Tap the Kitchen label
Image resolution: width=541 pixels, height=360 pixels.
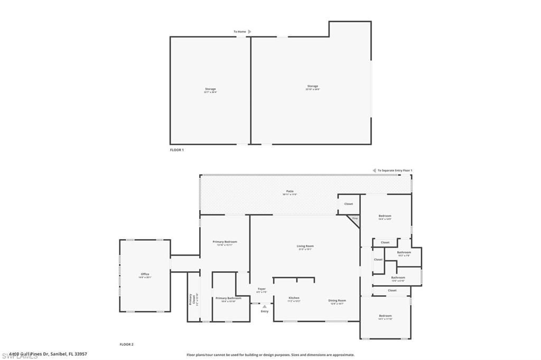click(294, 298)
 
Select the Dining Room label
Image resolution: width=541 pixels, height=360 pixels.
click(337, 300)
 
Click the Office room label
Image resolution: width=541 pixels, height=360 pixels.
click(145, 274)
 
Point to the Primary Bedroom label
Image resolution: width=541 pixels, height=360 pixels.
click(225, 242)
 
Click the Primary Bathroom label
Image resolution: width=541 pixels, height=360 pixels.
click(228, 298)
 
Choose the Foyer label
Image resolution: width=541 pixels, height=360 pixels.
click(262, 289)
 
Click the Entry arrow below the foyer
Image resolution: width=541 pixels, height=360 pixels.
click(264, 306)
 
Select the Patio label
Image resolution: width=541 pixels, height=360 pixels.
click(290, 191)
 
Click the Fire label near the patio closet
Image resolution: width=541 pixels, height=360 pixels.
click(355, 218)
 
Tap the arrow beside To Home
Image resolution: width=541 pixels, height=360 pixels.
click(249, 32)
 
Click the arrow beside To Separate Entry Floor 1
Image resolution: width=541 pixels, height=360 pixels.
click(374, 170)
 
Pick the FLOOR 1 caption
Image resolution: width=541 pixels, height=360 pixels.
click(176, 150)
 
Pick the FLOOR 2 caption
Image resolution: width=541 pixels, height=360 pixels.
click(126, 344)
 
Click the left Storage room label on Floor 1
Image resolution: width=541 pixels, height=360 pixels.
click(210, 89)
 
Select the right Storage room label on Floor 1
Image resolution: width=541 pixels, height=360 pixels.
click(313, 86)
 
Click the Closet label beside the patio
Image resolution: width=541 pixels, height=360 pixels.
click(349, 204)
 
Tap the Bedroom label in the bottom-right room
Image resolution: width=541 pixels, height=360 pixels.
click(385, 316)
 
